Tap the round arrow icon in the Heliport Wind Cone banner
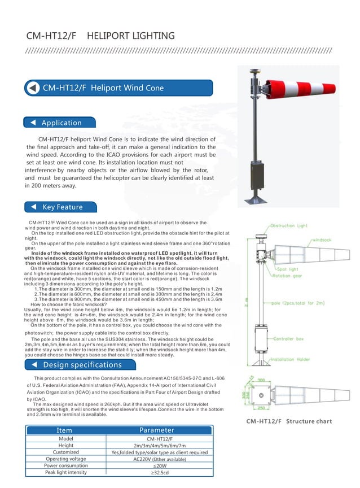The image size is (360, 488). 33,88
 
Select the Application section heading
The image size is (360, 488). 61,123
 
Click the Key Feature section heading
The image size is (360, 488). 62,207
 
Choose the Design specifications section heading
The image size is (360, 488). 82,364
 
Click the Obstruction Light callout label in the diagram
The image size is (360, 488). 289,226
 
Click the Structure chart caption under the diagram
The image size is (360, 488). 289,421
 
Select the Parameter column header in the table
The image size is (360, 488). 157,430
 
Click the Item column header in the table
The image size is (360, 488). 65,430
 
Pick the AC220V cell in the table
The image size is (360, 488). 159,459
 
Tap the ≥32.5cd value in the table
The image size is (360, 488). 159,472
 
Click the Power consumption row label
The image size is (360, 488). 66,466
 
